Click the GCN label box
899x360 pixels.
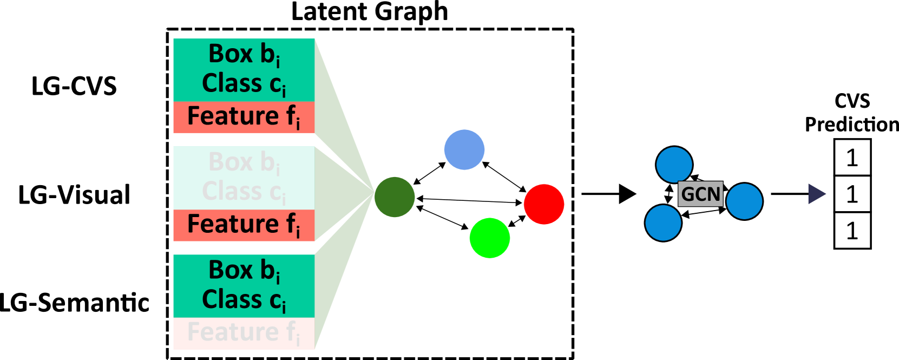[700, 194]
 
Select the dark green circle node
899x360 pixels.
[394, 197]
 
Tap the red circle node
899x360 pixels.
[544, 204]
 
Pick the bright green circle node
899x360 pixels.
[489, 238]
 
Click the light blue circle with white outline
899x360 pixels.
[464, 149]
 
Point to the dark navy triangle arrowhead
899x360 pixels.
[816, 194]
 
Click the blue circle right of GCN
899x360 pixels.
[744, 201]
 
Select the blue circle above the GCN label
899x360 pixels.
[674, 165]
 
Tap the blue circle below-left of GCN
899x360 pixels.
[663, 222]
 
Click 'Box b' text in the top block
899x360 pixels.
[244, 55]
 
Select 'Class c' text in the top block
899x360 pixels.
[244, 84]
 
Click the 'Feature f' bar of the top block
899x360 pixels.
[244, 117]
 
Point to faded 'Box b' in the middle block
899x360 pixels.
[244, 162]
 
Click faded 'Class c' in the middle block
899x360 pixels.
[244, 192]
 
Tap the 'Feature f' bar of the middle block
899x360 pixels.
[244, 225]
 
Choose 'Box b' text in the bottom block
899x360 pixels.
[244, 270]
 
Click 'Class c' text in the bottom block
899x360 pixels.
[244, 299]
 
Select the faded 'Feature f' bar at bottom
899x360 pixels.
[244, 333]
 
